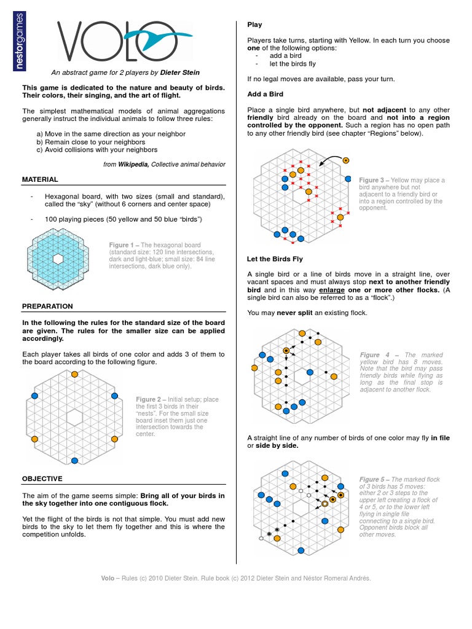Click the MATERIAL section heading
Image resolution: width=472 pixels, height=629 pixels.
(40, 179)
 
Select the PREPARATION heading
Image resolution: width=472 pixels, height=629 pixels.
(47, 306)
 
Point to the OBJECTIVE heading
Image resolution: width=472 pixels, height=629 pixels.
(42, 478)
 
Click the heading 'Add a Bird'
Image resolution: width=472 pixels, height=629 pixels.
(265, 94)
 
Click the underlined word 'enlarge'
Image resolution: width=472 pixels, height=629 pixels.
(330, 289)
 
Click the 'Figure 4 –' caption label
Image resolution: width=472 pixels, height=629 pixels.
(379, 355)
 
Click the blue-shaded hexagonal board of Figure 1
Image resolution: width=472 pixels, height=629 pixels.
(58, 259)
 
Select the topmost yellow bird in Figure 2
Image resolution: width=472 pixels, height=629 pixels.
(75, 374)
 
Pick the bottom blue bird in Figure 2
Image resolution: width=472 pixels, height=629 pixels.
(75, 460)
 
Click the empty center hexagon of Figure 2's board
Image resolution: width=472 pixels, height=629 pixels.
(75, 417)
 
